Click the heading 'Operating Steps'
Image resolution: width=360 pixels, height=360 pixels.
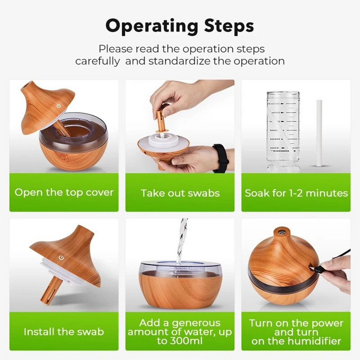tap(180, 26)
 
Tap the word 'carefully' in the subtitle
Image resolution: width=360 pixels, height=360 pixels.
tap(98, 61)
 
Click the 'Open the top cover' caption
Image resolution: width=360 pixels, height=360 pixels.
tap(64, 193)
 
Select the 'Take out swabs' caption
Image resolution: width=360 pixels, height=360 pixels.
tap(180, 193)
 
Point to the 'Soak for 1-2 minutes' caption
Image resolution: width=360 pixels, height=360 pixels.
tap(296, 193)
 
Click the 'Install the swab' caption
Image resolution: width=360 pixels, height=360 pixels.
tap(64, 332)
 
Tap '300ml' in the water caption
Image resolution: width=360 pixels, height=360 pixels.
tap(184, 341)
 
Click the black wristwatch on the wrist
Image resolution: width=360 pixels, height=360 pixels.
tap(220, 158)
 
